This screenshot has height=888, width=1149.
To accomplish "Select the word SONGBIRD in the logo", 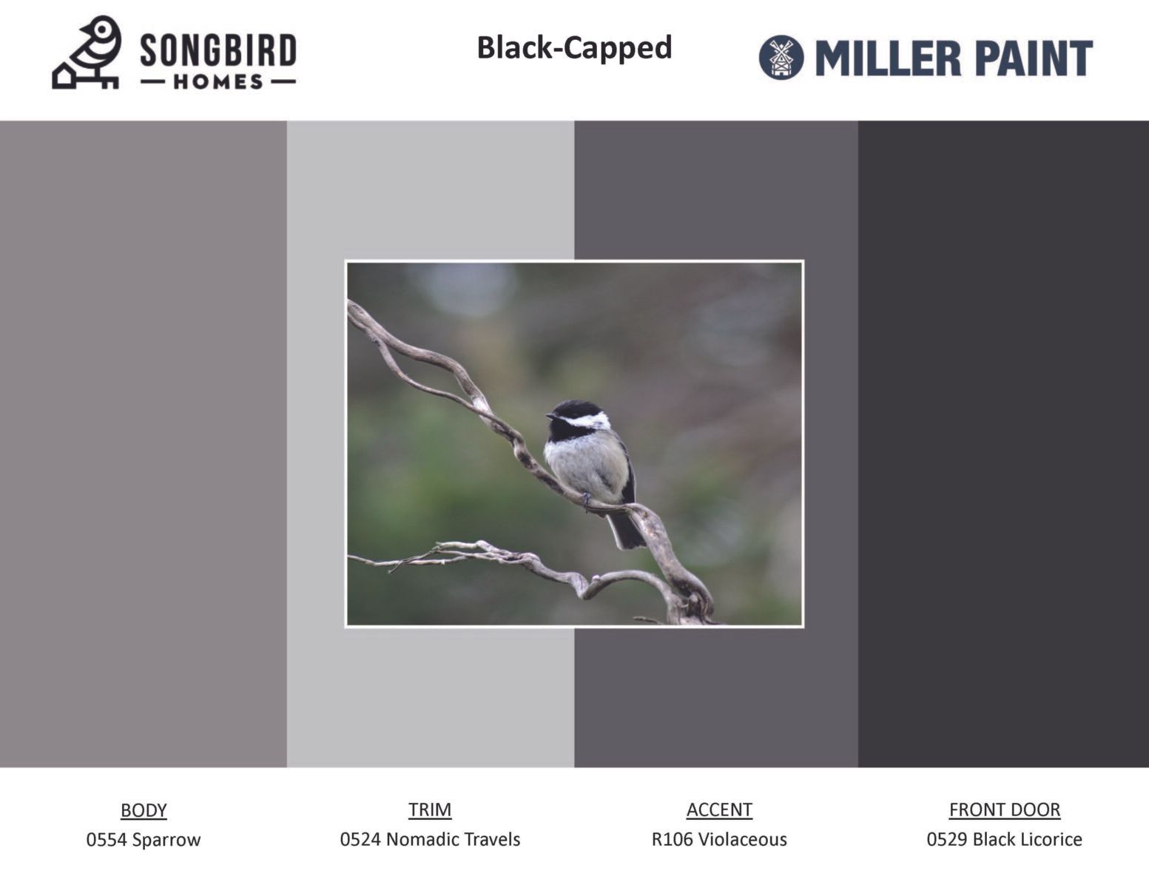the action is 218,51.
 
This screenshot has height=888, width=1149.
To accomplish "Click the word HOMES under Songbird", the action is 218,82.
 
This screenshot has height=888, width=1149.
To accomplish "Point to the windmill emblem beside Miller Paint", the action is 781,58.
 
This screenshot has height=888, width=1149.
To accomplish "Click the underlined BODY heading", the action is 144,811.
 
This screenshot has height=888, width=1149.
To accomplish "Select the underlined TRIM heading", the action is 430,810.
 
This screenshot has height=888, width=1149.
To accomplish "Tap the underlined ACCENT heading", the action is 719,810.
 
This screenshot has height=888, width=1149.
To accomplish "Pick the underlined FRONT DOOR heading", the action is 1005,810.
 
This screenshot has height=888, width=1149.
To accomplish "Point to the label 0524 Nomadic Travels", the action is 430,840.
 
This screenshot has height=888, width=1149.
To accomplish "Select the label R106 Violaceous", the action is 719,840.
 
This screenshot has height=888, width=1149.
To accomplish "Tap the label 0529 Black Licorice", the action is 1005,840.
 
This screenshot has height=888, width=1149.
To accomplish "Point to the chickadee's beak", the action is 550,417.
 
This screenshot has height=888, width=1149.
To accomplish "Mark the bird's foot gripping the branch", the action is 585,497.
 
